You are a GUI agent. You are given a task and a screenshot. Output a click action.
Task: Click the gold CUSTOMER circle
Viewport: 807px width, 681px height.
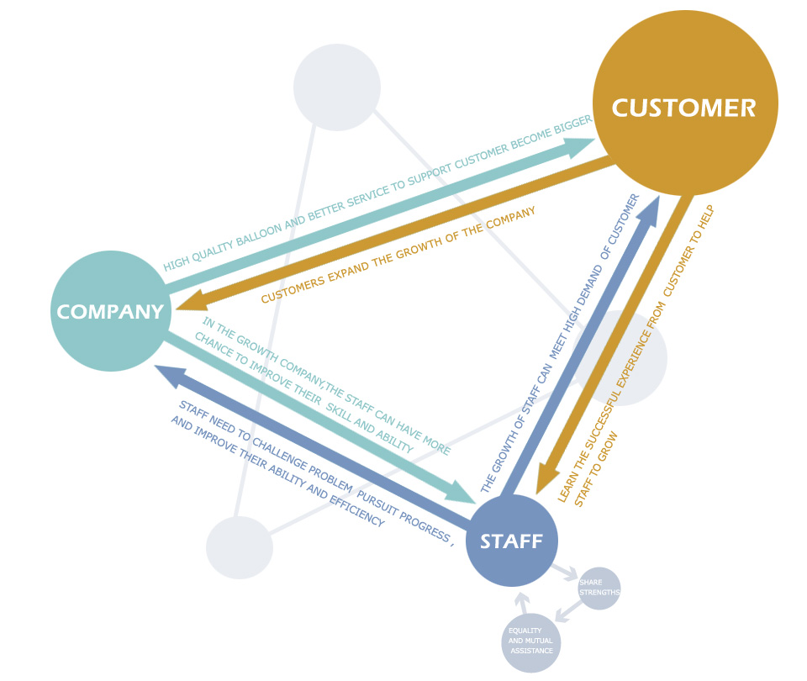pos(685,107)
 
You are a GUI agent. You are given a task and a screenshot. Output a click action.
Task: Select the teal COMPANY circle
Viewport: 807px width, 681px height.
pos(111,311)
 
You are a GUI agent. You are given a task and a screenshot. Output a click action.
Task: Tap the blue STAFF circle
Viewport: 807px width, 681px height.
pos(511,541)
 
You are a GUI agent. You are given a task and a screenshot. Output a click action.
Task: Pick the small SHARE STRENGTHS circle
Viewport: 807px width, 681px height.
pos(599,589)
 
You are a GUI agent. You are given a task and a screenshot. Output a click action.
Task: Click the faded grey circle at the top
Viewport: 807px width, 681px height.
pos(336,87)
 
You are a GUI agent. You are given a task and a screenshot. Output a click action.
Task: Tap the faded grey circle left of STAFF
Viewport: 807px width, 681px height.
pos(240,547)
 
